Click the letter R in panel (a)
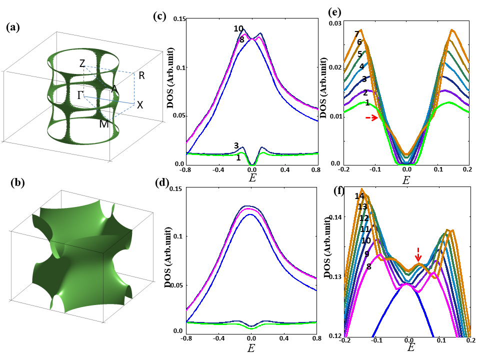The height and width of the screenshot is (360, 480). (x=142, y=76)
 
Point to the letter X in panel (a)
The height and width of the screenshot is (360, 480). (x=140, y=105)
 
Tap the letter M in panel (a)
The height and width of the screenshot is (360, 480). (x=104, y=123)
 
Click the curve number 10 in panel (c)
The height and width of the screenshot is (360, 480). (x=238, y=29)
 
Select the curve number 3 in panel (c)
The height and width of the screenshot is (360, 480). (x=236, y=145)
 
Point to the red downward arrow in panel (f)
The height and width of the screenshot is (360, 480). (x=419, y=252)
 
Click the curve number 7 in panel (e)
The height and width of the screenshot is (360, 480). (x=356, y=34)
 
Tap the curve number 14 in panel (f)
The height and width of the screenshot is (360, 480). (x=359, y=196)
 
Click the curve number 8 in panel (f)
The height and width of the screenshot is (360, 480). (x=368, y=266)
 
